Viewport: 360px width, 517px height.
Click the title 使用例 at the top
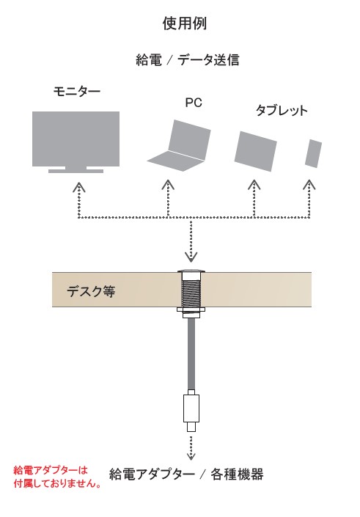[184, 23]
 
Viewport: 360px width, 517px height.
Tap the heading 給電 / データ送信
[187, 60]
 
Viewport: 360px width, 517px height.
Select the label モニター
[77, 91]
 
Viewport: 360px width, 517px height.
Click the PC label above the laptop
[194, 103]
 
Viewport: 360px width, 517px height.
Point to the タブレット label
[282, 110]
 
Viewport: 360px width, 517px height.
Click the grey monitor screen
[76, 139]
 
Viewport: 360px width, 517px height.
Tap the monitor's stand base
[76, 171]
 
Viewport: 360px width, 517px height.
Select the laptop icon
[179, 146]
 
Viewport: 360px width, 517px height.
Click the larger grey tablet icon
[255, 151]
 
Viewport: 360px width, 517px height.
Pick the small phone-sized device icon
[313, 153]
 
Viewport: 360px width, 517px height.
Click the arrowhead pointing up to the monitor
[78, 186]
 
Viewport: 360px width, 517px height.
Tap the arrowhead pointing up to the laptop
[168, 185]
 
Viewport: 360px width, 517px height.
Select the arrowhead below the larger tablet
[254, 185]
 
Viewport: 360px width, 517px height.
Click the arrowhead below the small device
[309, 185]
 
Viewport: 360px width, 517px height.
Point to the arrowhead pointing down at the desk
[191, 257]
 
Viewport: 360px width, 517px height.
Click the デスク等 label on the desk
[91, 291]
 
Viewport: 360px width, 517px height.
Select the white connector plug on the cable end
[191, 411]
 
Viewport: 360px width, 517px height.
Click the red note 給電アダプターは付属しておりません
[57, 477]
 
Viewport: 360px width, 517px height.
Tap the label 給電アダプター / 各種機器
[186, 474]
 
